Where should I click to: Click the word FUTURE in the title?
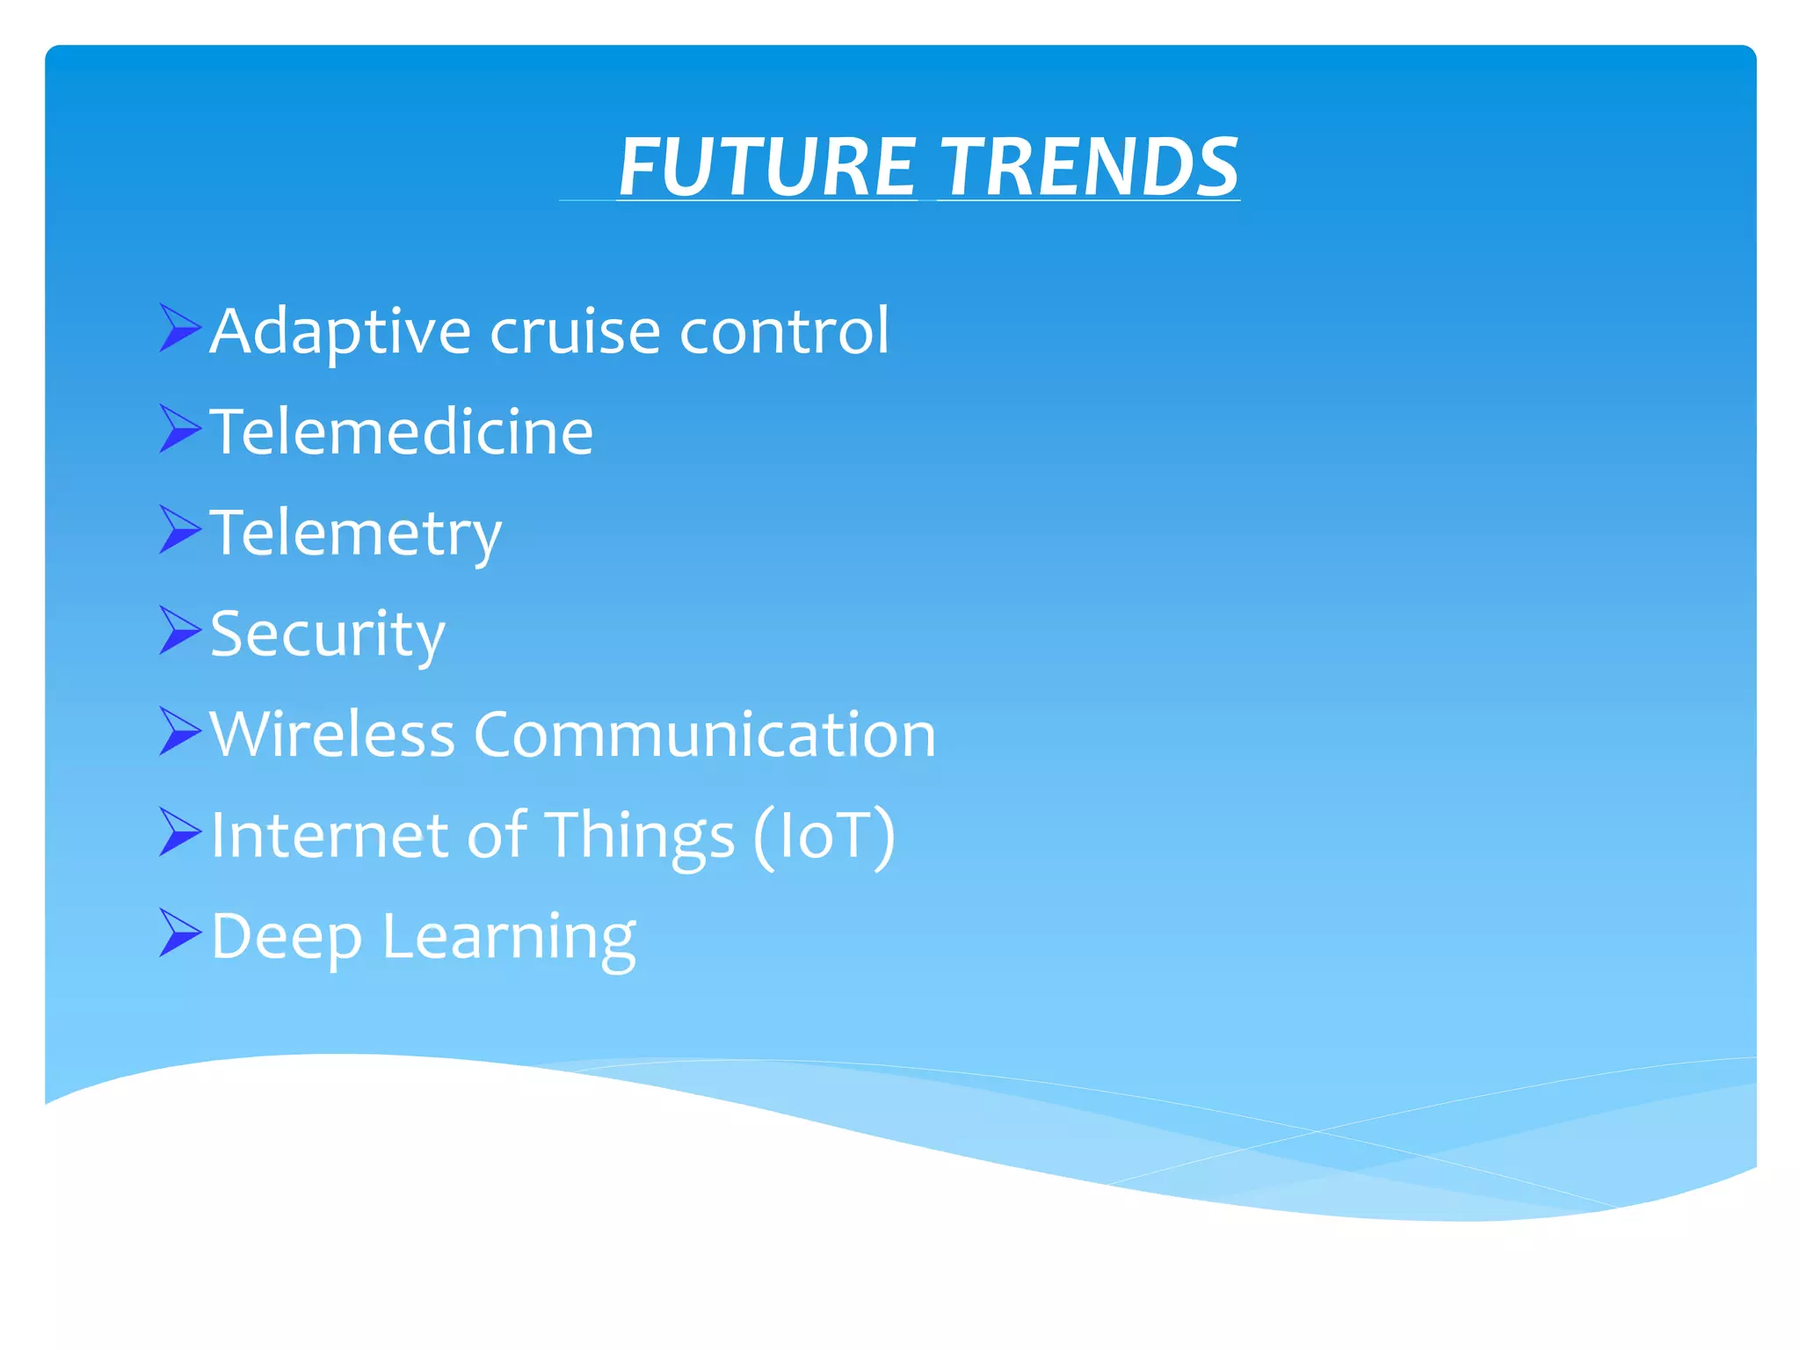[x=767, y=167]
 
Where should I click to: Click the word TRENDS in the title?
[x=1088, y=167]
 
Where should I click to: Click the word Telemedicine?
[x=402, y=432]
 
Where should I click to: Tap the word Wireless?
[x=332, y=735]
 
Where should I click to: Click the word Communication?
[x=705, y=735]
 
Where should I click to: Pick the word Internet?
[x=330, y=835]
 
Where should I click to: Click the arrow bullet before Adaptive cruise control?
[x=180, y=328]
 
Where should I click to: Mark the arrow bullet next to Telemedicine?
[x=180, y=429]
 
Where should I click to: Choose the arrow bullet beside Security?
[x=180, y=630]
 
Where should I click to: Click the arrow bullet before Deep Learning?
[x=180, y=933]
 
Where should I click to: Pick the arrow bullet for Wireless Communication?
[x=180, y=731]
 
